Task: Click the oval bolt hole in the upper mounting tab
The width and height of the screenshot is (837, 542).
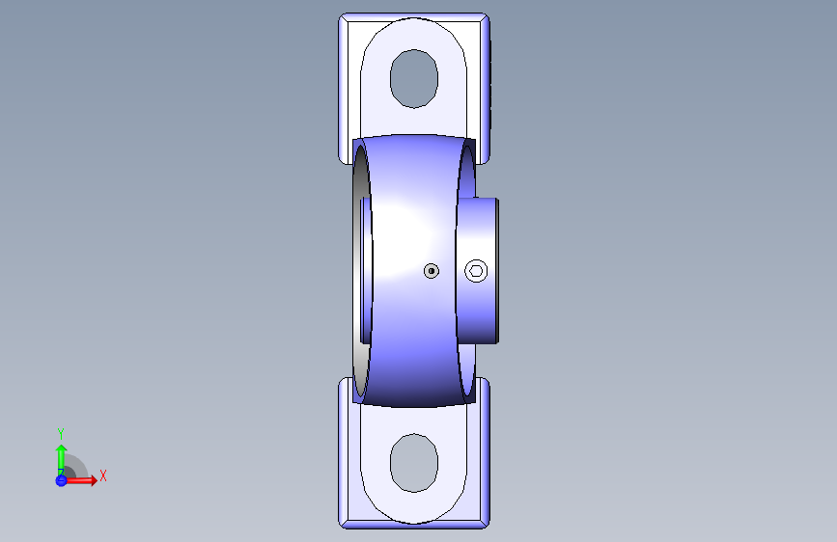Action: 414,78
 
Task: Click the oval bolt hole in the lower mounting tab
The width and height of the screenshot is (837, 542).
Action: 414,463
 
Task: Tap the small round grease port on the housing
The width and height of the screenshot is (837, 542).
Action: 432,271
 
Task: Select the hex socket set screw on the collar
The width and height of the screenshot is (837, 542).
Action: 476,271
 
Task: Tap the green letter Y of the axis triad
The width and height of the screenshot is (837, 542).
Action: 61,433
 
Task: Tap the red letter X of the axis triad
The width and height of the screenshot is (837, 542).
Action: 103,475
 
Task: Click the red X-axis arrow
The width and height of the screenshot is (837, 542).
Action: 80,480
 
